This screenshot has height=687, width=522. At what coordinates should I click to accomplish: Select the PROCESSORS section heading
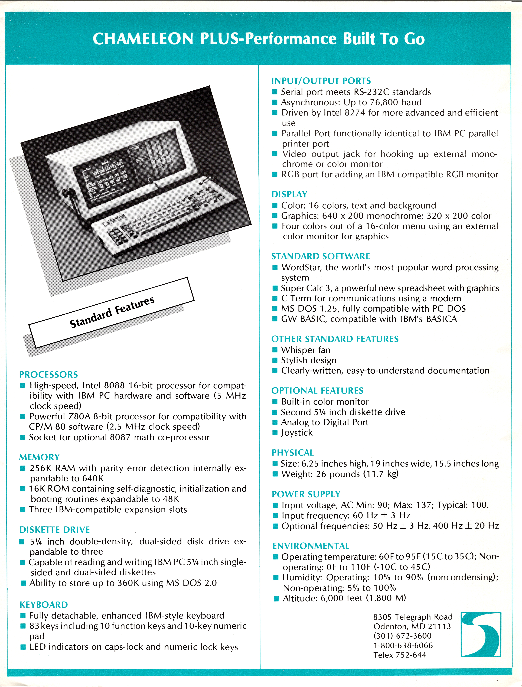pyautogui.click(x=48, y=374)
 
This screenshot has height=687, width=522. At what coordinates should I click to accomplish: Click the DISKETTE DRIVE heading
pyautogui.click(x=55, y=529)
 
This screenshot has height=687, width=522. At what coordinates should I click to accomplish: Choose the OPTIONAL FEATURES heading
pyautogui.click(x=317, y=391)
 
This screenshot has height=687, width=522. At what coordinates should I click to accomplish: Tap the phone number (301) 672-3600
pyautogui.click(x=402, y=636)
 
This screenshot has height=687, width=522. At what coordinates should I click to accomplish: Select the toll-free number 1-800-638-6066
pyautogui.click(x=403, y=645)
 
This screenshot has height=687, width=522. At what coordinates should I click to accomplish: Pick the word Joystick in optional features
pyautogui.click(x=297, y=432)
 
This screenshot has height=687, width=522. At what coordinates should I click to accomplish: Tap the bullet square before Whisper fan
pyautogui.click(x=275, y=350)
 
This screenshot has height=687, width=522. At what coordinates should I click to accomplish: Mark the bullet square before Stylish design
pyautogui.click(x=275, y=360)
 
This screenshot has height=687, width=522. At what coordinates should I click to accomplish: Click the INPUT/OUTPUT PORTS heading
pyautogui.click(x=321, y=81)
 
